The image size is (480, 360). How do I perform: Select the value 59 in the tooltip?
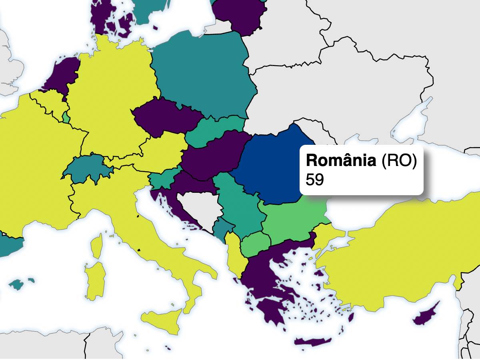pos(314,180)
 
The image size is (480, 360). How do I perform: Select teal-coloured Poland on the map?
pos(204,76)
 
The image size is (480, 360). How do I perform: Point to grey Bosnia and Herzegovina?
pos(198,208)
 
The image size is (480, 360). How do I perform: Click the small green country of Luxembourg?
pos(65,117)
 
